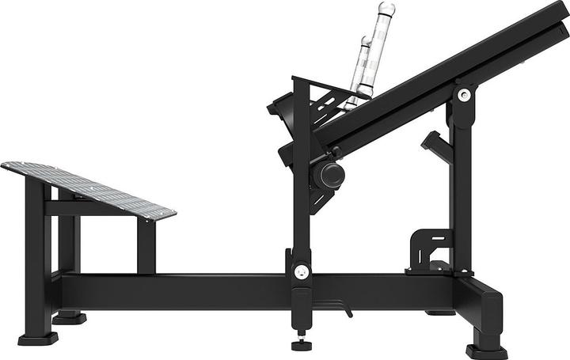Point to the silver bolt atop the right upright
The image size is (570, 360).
[x=463, y=96]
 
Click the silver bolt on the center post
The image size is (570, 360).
[x=301, y=271]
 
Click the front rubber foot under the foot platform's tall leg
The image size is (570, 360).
[x=37, y=339]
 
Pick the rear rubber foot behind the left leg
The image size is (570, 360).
[x=70, y=318]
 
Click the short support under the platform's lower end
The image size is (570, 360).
[x=146, y=245]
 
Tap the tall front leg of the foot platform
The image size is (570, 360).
[x=36, y=253]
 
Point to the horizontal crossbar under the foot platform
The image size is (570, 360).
[x=91, y=208]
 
